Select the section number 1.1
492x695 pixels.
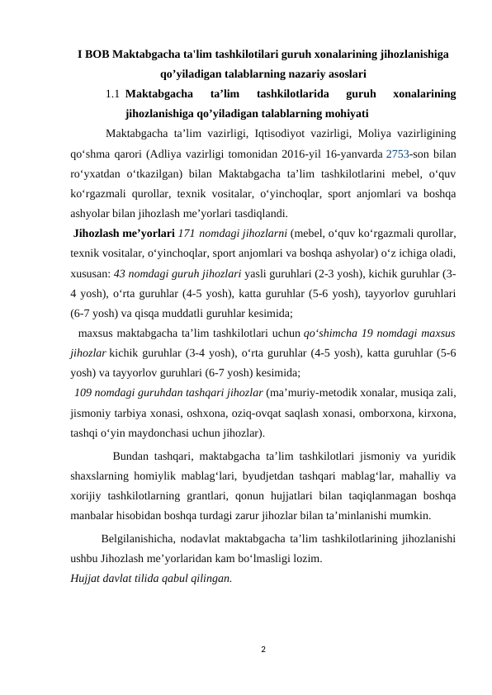pos(115,95)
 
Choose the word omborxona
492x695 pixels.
pos(367,410)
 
